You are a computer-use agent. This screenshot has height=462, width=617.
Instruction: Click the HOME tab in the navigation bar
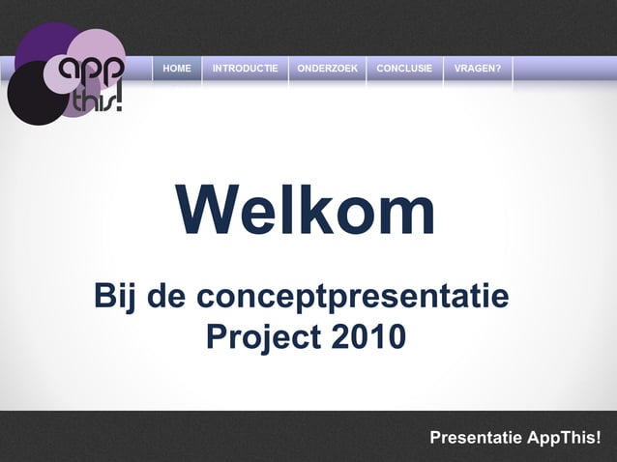177,69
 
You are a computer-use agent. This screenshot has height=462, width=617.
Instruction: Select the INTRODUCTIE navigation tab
245,69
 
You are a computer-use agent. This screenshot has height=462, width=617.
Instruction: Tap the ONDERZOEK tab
327,69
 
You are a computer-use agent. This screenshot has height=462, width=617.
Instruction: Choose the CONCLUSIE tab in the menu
404,69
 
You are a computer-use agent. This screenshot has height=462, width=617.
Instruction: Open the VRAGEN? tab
477,69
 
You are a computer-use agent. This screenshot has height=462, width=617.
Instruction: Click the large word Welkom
306,211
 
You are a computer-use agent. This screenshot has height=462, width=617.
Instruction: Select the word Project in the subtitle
263,337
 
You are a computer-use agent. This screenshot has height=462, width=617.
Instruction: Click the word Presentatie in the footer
476,439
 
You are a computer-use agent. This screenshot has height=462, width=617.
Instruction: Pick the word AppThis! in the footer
565,439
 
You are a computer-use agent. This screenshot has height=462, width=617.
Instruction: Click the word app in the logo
91,72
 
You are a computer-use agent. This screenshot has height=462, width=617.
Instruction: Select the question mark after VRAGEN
497,69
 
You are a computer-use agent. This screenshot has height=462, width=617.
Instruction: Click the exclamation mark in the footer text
598,439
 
